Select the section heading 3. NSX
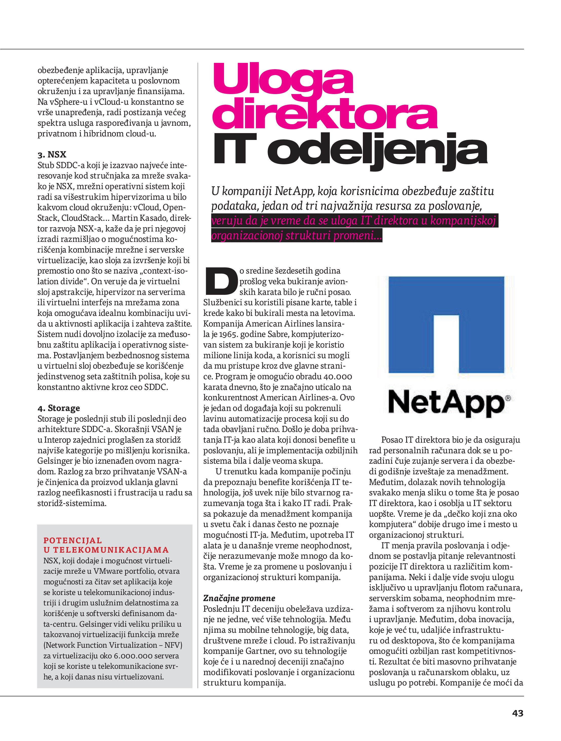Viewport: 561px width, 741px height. point(52,155)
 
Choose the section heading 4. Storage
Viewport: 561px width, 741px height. point(59,408)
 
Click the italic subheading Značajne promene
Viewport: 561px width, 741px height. point(239,598)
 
